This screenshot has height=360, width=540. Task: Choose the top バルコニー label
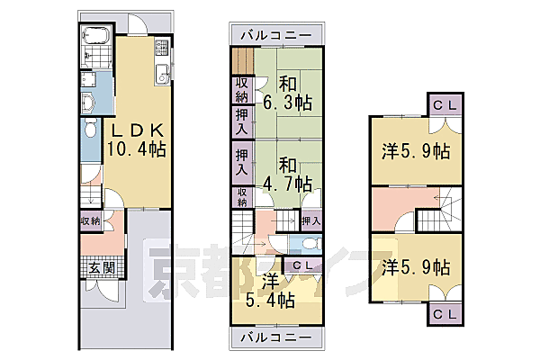click(276, 35)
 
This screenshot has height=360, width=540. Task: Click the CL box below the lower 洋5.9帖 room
click(444, 314)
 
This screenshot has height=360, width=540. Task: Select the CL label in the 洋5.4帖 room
click(303, 265)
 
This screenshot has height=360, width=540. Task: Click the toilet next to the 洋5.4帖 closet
click(308, 244)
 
